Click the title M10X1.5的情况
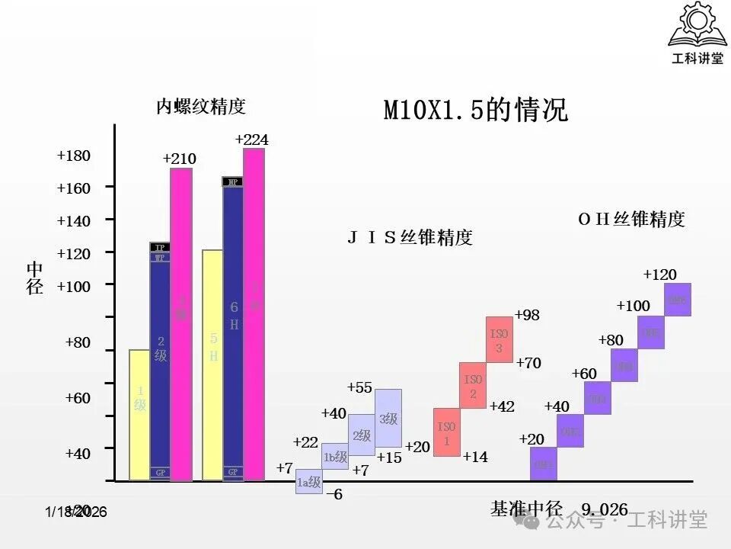click(x=475, y=111)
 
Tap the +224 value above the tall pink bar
click(x=251, y=140)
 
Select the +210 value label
click(x=179, y=159)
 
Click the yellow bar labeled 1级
click(x=139, y=415)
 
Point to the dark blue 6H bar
click(x=233, y=328)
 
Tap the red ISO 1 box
click(x=446, y=432)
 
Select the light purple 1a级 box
click(x=308, y=481)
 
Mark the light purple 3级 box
click(x=388, y=418)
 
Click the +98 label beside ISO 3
click(x=527, y=315)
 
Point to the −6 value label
click(x=334, y=494)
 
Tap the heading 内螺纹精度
click(x=201, y=106)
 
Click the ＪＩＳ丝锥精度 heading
click(x=410, y=237)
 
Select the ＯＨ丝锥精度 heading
click(x=631, y=219)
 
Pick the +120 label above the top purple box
click(x=659, y=274)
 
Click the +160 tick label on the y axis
click(x=74, y=188)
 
